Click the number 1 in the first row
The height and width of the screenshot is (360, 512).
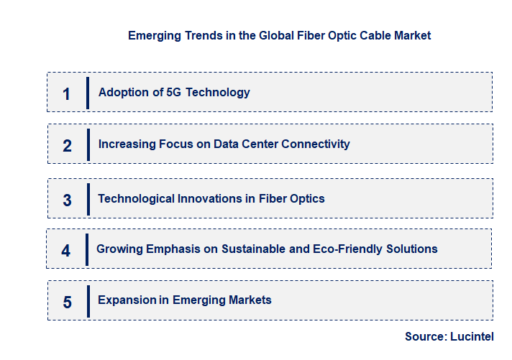tap(67, 93)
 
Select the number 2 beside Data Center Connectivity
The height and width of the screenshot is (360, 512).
tap(67, 146)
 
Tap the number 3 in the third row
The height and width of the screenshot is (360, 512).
tap(67, 200)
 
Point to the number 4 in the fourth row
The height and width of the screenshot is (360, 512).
tap(66, 251)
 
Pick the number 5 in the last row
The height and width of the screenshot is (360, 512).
tap(67, 302)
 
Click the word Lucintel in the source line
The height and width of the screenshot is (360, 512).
tap(472, 336)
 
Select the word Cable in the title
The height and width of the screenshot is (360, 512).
tap(372, 35)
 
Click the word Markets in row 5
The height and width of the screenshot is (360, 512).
tap(248, 300)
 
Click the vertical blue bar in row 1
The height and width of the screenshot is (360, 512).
tap(88, 93)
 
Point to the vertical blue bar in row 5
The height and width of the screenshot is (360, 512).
tap(88, 300)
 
